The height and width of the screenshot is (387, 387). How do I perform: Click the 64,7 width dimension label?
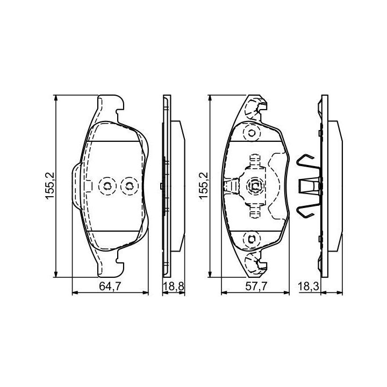click(110, 286)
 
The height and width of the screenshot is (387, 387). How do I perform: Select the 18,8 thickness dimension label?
click(174, 286)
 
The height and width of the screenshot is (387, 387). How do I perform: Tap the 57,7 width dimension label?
click(256, 286)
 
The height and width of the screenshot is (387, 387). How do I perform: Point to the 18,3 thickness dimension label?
click(309, 286)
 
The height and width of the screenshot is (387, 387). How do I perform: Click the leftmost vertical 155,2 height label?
click(49, 186)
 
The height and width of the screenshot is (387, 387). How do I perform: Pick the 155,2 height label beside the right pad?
click(204, 186)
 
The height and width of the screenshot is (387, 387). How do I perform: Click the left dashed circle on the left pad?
click(107, 186)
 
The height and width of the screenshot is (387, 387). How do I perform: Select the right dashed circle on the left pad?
click(129, 186)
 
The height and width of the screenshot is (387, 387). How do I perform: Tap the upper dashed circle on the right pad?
click(252, 133)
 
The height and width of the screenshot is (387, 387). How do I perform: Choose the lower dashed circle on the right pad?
click(252, 239)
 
